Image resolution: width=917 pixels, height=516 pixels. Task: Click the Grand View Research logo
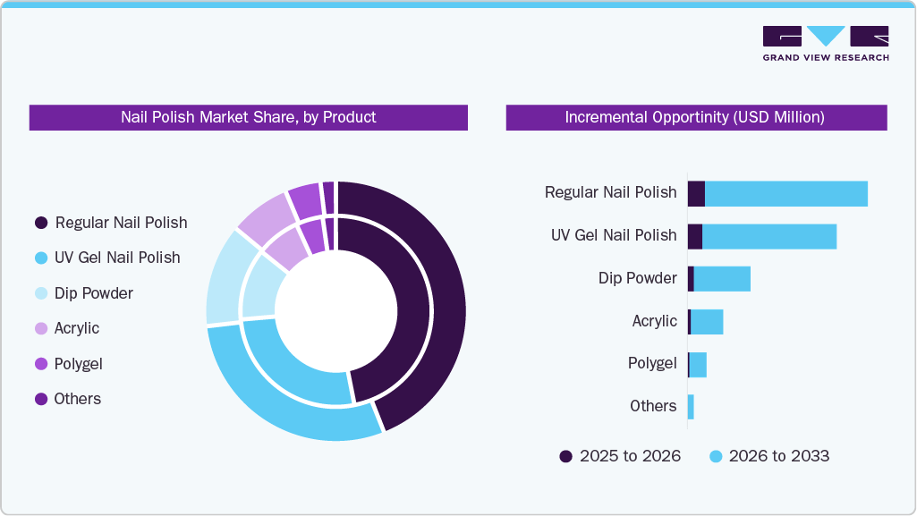click(825, 43)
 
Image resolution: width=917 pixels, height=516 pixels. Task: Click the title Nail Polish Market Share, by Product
click(248, 117)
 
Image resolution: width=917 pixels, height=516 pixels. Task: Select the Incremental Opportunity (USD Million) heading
click(695, 117)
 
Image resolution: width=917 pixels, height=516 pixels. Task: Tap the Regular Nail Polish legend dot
click(40, 223)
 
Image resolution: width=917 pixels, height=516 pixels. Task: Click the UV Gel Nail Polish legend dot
click(40, 258)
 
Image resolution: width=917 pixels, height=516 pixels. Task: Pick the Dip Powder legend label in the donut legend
click(93, 293)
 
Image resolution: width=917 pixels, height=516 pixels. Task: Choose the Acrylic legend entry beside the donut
click(76, 328)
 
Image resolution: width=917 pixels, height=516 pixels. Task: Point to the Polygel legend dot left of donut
click(40, 364)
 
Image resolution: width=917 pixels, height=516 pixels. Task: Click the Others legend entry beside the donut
click(77, 399)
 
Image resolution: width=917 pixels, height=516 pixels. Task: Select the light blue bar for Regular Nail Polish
click(785, 193)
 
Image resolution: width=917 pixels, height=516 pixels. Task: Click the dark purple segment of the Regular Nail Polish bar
click(696, 193)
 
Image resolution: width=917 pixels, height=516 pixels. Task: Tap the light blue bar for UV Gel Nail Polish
click(768, 236)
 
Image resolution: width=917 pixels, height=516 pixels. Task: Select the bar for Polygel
click(698, 365)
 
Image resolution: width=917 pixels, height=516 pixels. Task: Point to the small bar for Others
click(691, 407)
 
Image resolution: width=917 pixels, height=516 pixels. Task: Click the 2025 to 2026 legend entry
click(620, 456)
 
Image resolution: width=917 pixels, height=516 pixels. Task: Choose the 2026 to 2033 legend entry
click(768, 456)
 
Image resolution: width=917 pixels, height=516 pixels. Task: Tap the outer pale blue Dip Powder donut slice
click(223, 277)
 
